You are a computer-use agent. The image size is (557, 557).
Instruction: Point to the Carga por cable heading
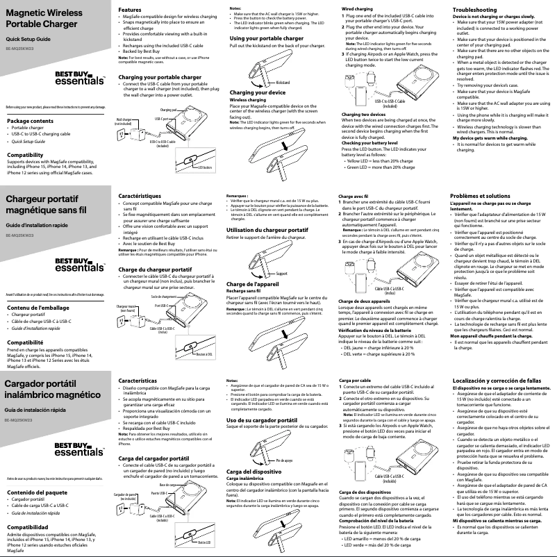355,381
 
